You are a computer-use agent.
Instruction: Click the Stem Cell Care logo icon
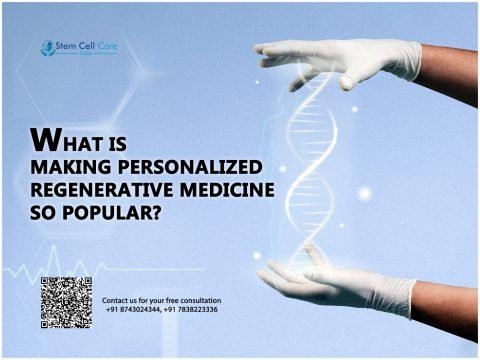[46, 47]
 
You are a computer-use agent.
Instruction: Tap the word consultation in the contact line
[197, 300]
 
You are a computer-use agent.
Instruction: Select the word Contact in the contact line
[118, 300]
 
